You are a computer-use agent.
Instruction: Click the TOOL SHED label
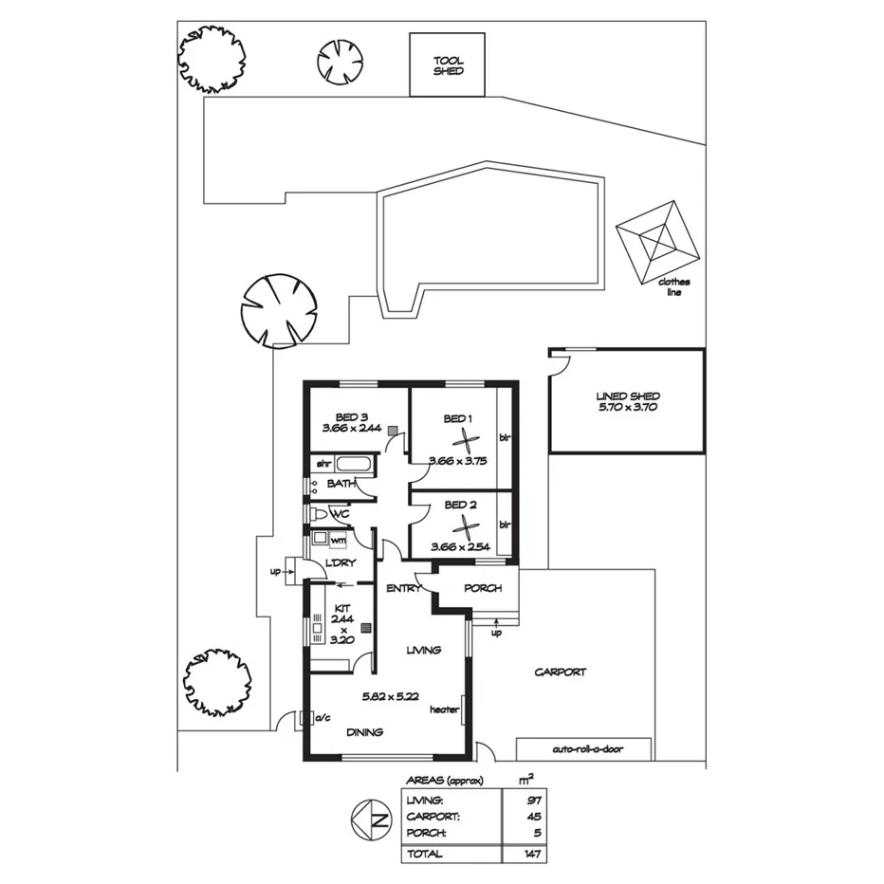click(x=448, y=64)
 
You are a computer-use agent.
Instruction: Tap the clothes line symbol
click(x=658, y=239)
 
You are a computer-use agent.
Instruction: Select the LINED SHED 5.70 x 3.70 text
click(x=627, y=401)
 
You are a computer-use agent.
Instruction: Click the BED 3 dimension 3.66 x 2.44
click(x=352, y=428)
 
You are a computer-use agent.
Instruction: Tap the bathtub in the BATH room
click(x=357, y=465)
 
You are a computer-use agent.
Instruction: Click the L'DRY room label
click(x=340, y=562)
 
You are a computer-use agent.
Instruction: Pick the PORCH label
click(x=483, y=589)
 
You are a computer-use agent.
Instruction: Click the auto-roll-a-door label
click(x=583, y=749)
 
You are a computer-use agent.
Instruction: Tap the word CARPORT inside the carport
click(x=560, y=672)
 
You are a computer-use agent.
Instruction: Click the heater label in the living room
click(x=444, y=709)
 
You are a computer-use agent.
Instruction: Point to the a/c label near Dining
click(x=322, y=716)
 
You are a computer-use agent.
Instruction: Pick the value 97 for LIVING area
click(x=534, y=801)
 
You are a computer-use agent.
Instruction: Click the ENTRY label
click(x=403, y=589)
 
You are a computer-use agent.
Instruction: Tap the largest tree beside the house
click(x=277, y=309)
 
